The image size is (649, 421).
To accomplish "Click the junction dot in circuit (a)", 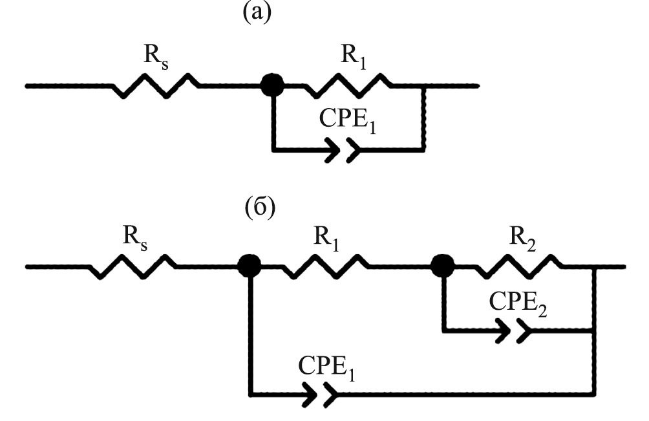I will pyautogui.click(x=272, y=85).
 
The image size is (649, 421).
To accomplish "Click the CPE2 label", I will pyautogui.click(x=517, y=303).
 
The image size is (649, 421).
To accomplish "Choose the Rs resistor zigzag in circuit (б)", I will pyautogui.click(x=133, y=266).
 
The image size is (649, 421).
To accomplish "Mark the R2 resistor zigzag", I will pyautogui.click(x=517, y=266).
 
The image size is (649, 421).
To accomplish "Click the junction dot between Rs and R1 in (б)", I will pyautogui.click(x=250, y=265).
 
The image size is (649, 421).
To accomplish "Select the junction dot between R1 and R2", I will pyautogui.click(x=443, y=265).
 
